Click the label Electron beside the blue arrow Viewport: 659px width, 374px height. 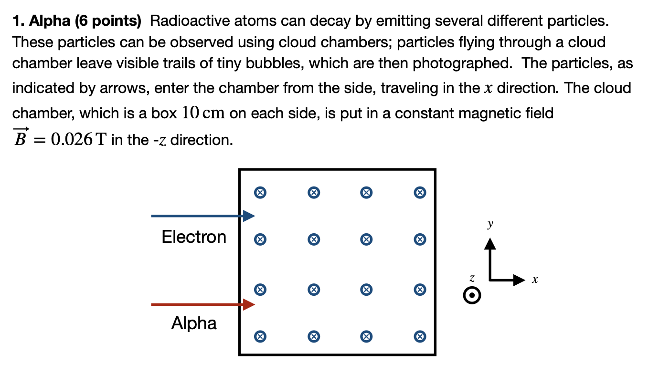(x=194, y=237)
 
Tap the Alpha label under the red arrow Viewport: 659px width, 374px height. (x=194, y=323)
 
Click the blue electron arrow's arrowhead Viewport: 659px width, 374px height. (x=249, y=216)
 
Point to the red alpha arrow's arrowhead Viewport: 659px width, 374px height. (x=249, y=304)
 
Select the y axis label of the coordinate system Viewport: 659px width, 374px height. (x=490, y=224)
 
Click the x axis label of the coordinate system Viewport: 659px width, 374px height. (x=535, y=280)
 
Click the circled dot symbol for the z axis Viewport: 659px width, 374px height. (x=472, y=296)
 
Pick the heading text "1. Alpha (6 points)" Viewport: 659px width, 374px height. (x=77, y=21)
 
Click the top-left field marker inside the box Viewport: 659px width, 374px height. (x=260, y=193)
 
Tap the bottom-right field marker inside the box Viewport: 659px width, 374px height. (x=420, y=336)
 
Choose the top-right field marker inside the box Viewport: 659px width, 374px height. (x=420, y=193)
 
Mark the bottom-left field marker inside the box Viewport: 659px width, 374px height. (x=260, y=336)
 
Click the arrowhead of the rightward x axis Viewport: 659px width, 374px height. (x=520, y=280)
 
